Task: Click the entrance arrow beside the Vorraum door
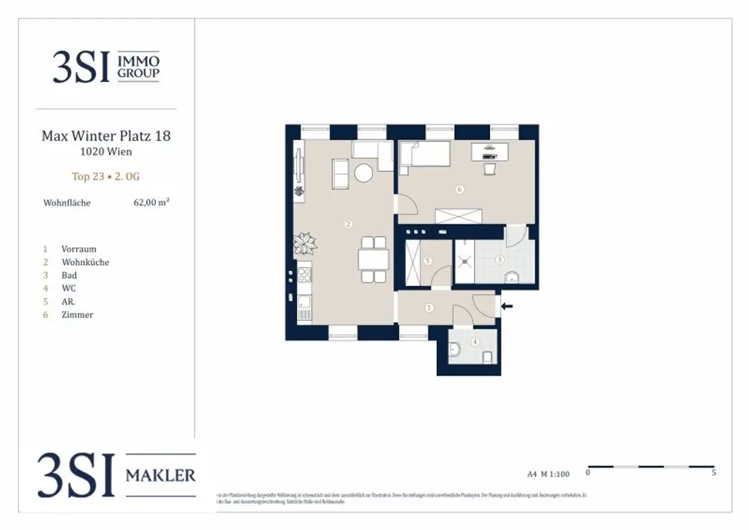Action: tap(507, 306)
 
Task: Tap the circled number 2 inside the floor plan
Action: tap(349, 224)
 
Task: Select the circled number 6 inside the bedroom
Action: tap(459, 190)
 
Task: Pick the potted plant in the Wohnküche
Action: tap(303, 242)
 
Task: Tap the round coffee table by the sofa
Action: tap(364, 173)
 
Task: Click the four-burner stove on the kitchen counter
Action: tap(304, 275)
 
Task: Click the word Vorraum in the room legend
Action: tap(79, 249)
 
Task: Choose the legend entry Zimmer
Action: tap(78, 315)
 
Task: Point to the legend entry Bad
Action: tap(69, 275)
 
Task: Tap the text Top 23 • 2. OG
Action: tap(105, 176)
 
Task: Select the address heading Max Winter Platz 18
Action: tap(106, 135)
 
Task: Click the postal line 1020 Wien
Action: tap(106, 152)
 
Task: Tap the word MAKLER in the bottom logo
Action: tap(161, 476)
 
